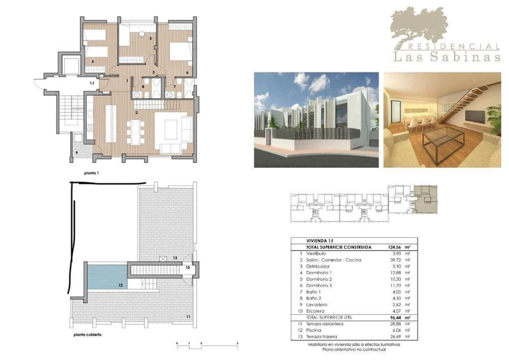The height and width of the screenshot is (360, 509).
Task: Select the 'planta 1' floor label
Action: (91, 173)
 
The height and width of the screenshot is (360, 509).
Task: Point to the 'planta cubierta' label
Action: (88, 335)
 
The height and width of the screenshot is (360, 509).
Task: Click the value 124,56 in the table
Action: (394, 247)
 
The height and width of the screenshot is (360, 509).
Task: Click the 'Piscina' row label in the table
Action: (313, 330)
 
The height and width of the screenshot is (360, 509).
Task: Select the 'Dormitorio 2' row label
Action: (319, 279)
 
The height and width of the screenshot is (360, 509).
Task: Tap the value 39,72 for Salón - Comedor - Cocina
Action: (395, 260)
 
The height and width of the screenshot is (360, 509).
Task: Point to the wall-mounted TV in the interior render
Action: (475, 116)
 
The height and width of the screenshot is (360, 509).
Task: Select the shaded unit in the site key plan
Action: (426, 200)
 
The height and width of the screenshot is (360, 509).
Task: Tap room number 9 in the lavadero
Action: (77, 153)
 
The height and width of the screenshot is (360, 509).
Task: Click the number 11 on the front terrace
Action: (188, 317)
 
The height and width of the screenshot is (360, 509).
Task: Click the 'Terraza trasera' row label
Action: (321, 337)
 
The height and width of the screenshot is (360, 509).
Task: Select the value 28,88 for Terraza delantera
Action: (395, 324)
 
